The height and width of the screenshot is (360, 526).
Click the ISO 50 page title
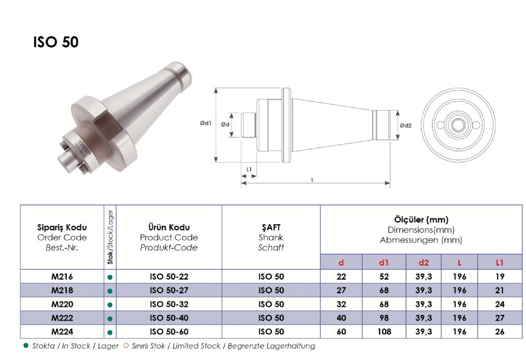[56, 42]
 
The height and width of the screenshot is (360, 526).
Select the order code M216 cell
[62, 276]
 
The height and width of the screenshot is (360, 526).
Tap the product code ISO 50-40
[169, 318]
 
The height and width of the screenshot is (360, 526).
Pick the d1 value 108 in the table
[384, 332]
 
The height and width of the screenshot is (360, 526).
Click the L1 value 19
[500, 276]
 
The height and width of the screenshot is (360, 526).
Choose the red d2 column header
[423, 262]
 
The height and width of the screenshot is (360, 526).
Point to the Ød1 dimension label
[206, 123]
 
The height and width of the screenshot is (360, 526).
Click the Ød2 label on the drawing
[406, 125]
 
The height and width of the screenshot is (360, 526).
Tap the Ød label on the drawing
[225, 124]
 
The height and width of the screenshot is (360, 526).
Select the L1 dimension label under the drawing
[249, 169]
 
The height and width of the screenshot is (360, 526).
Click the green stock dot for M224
[110, 333]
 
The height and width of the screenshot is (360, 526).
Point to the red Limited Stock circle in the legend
[126, 345]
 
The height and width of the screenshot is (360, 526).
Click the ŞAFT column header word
[271, 227]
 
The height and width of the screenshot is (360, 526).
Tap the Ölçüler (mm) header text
[421, 220]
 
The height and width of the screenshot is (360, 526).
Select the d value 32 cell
[341, 304]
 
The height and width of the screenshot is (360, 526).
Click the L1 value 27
[500, 318]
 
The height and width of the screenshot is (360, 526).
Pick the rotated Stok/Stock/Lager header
[110, 237]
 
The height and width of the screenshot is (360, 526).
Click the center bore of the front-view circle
[458, 125]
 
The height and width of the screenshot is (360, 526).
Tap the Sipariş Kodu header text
[62, 227]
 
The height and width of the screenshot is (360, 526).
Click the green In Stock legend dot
[26, 345]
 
